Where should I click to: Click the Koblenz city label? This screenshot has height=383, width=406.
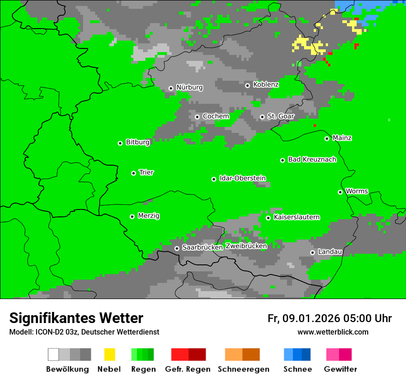click(266, 84)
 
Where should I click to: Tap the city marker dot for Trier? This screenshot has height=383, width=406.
click(133, 173)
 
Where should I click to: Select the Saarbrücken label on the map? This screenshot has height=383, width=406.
click(202, 247)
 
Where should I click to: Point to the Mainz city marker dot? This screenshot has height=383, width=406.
click(327, 138)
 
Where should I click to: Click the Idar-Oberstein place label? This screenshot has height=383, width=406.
click(243, 179)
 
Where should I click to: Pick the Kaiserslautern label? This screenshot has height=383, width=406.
click(296, 217)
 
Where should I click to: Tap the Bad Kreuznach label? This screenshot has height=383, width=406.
click(312, 160)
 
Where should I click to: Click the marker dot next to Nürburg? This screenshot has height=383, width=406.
click(171, 88)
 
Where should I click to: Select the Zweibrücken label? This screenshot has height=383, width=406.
click(246, 246)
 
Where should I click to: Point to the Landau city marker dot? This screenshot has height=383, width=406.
click(312, 252)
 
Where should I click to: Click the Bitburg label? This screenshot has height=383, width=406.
click(137, 142)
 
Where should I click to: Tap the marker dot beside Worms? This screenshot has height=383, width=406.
click(340, 192)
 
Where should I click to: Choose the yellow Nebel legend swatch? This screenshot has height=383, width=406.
click(109, 354)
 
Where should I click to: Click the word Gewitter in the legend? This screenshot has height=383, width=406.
click(340, 369)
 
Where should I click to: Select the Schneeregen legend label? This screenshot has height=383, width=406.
click(243, 369)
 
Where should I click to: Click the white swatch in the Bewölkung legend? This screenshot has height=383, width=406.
click(54, 354)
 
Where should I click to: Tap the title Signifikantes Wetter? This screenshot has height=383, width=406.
click(76, 318)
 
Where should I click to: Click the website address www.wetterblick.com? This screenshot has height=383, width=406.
click(333, 332)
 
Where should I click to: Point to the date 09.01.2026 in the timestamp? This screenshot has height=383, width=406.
click(311, 318)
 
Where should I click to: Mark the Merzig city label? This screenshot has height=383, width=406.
click(149, 215)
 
